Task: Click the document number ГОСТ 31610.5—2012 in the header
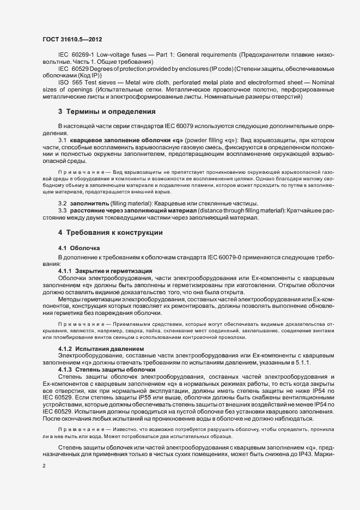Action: tap(72, 40)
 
